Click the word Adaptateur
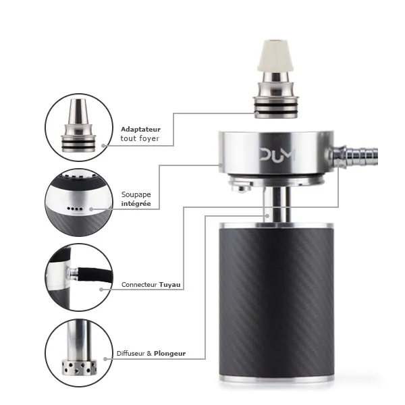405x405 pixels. [x=140, y=129]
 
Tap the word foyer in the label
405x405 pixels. [x=149, y=138]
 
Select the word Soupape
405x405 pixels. [x=136, y=195]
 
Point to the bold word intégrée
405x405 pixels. [x=136, y=204]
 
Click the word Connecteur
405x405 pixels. [x=139, y=285]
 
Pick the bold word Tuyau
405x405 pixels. [x=169, y=285]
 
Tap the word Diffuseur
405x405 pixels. [x=131, y=353]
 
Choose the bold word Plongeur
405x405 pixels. [x=169, y=354]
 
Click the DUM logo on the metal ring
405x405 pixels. [x=277, y=155]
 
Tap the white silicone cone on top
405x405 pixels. [x=275, y=56]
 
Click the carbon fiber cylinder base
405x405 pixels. [x=276, y=302]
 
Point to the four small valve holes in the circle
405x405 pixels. [x=75, y=209]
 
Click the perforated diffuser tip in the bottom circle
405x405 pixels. [x=79, y=367]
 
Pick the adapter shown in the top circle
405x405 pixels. [x=78, y=126]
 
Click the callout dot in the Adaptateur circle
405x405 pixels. [x=103, y=146]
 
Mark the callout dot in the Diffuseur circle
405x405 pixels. [x=105, y=359]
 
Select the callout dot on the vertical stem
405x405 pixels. [x=267, y=216]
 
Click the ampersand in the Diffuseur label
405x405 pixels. [x=149, y=353]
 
